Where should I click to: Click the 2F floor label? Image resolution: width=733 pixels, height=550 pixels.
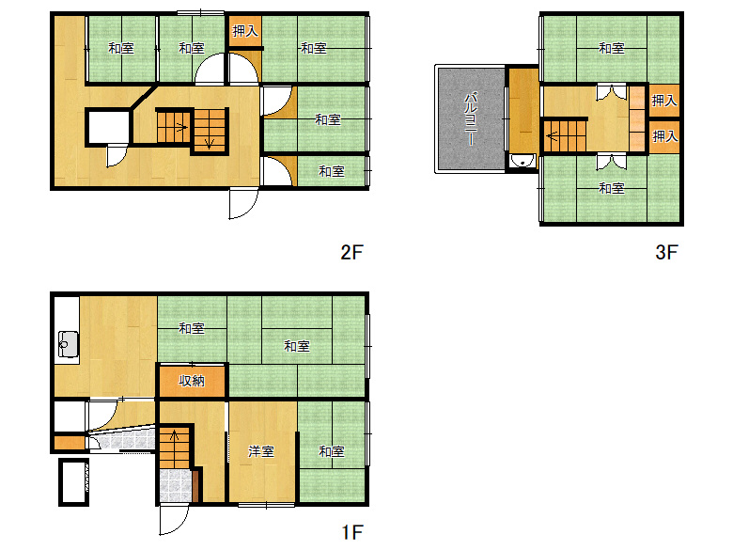click(x=351, y=253)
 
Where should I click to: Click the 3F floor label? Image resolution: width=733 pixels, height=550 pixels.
click(x=666, y=253)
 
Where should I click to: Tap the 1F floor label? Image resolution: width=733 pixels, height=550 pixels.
click(x=352, y=532)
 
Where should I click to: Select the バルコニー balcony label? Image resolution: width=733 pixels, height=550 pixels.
click(x=470, y=119)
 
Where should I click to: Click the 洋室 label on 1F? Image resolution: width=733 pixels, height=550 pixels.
click(x=261, y=451)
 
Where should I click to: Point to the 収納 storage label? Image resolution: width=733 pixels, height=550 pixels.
click(x=192, y=381)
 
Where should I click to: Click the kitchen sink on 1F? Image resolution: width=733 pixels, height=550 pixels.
click(x=68, y=344)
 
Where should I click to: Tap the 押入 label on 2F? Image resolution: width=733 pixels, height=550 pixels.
click(x=245, y=31)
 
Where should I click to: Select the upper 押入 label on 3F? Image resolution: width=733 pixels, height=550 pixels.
click(x=664, y=100)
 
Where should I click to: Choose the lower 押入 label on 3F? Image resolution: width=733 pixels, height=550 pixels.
click(x=664, y=136)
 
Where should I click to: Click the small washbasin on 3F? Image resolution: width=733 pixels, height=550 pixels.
click(x=523, y=161)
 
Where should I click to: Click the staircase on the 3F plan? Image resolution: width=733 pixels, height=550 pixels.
click(x=565, y=136)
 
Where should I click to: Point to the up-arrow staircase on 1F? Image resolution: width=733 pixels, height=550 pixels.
click(x=175, y=447)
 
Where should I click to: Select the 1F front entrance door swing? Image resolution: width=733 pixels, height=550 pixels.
click(x=174, y=520)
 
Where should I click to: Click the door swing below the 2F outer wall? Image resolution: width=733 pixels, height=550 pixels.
click(x=243, y=204)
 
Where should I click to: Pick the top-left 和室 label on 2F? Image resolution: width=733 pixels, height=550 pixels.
click(x=121, y=48)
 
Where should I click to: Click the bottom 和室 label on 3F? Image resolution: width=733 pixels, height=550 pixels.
click(x=612, y=188)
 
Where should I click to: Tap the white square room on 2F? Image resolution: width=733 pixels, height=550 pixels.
click(x=108, y=127)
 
